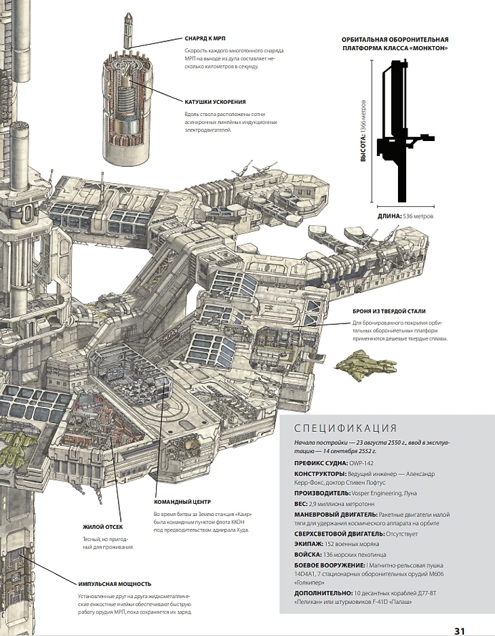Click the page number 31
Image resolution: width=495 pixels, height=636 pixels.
(x=459, y=630)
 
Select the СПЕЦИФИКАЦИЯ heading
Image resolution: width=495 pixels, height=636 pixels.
(x=345, y=428)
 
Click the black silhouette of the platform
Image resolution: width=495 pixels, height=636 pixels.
(x=400, y=129)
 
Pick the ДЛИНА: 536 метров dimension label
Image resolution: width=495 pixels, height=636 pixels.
(x=405, y=217)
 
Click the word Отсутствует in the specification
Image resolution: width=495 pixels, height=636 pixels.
(x=400, y=534)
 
